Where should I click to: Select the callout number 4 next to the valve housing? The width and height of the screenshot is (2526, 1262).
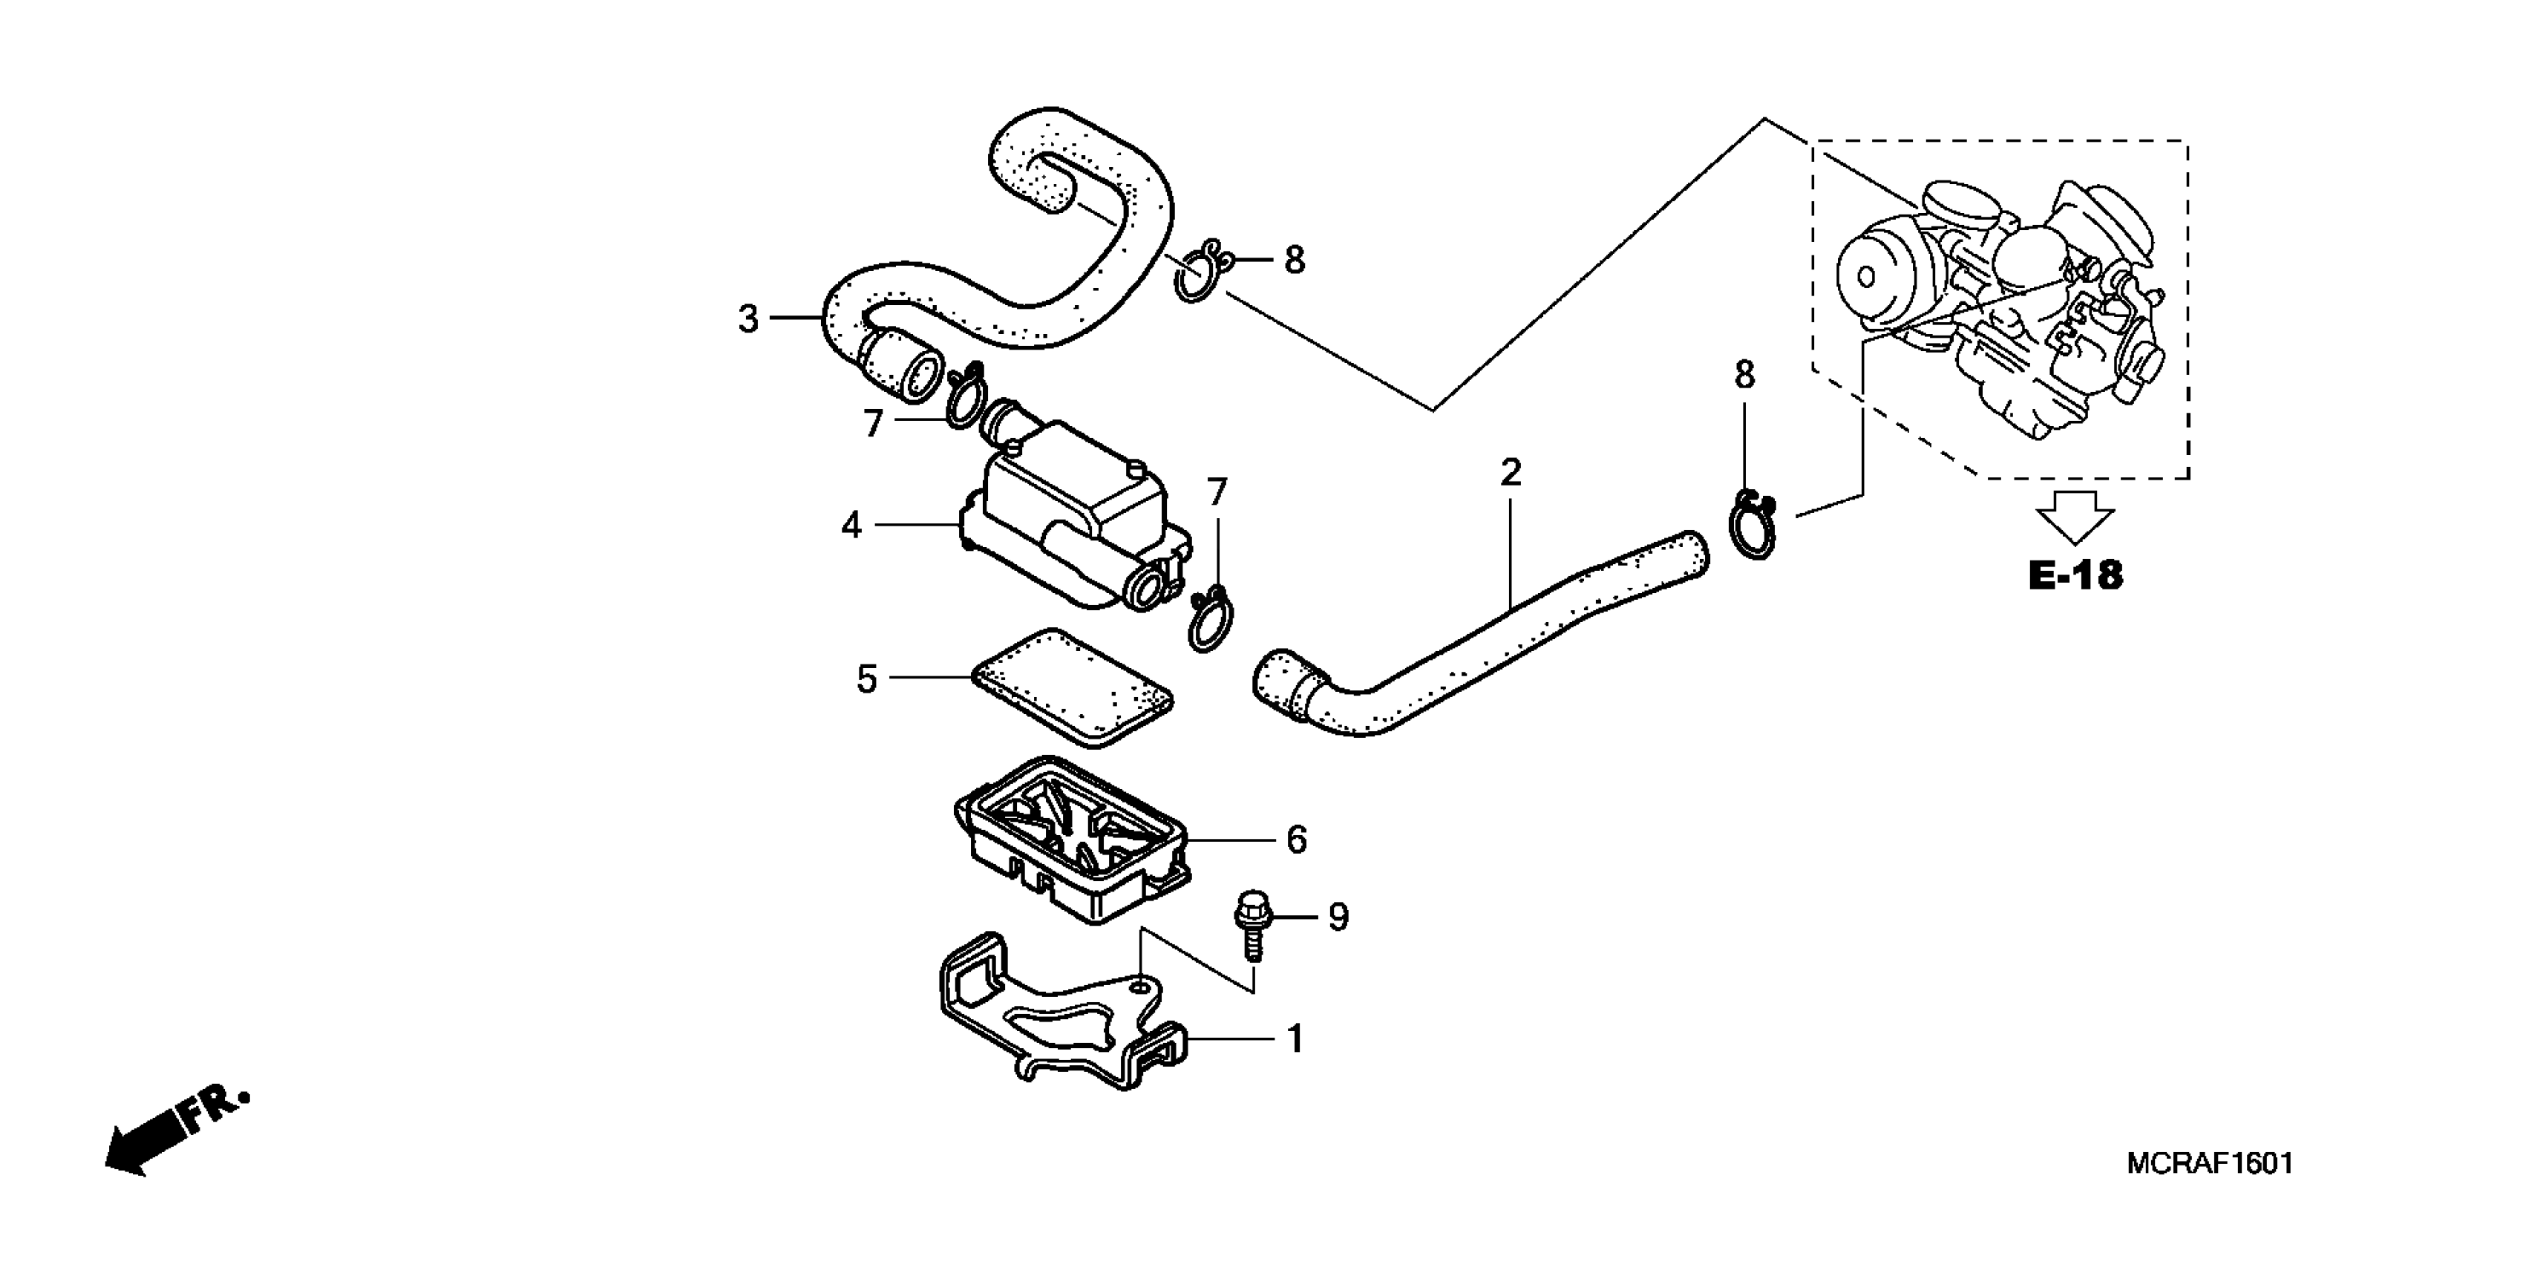[x=851, y=526]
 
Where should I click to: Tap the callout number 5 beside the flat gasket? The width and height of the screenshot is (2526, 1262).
[x=866, y=679]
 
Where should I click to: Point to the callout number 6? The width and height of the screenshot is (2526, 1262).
[x=1296, y=840]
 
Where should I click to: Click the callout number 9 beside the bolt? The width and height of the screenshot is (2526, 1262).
[x=1338, y=917]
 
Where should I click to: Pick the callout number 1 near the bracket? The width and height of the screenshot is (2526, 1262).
[x=1295, y=1039]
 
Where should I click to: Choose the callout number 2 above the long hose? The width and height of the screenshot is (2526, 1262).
[x=1510, y=474]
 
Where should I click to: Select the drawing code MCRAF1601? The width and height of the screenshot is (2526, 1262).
[x=2209, y=1164]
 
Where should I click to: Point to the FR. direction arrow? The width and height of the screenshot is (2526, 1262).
[x=177, y=1130]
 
